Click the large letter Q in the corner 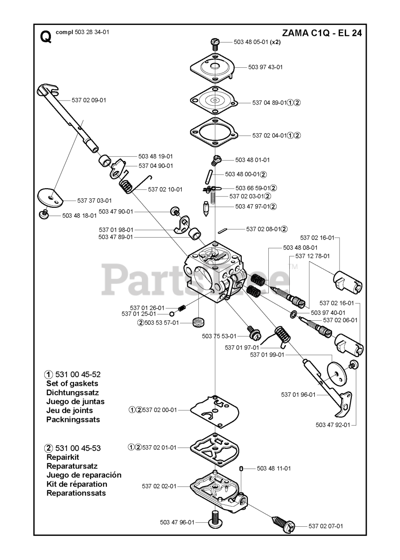[x=45, y=37]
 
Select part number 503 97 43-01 [x=266, y=67]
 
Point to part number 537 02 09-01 [x=89, y=100]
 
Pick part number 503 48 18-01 [x=79, y=216]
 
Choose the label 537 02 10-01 [x=165, y=189]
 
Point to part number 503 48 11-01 [x=274, y=469]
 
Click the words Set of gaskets [x=72, y=384]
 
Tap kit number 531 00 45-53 [x=78, y=448]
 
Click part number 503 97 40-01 [x=328, y=313]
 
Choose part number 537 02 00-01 [x=160, y=410]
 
